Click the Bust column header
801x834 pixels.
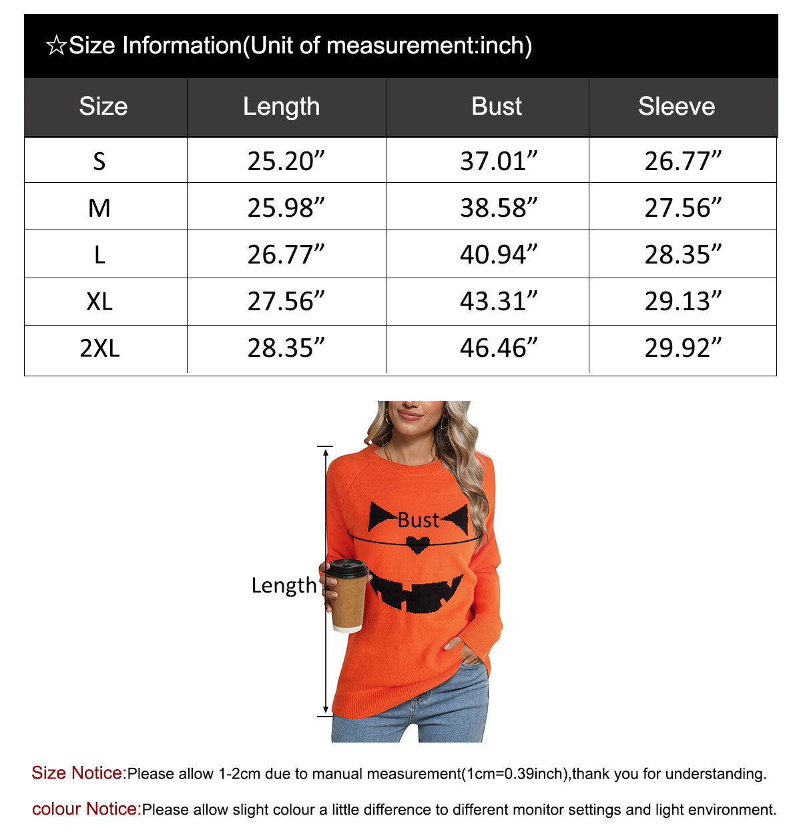[497, 107]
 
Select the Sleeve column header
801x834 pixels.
[676, 107]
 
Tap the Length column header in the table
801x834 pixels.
[281, 107]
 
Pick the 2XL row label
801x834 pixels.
[99, 348]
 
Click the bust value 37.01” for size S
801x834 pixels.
[498, 161]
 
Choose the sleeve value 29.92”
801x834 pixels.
[682, 348]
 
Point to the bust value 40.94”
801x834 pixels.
[498, 254]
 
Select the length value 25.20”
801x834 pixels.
[285, 161]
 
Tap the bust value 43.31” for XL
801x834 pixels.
[498, 302]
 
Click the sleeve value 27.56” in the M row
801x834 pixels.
[682, 208]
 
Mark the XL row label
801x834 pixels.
[99, 302]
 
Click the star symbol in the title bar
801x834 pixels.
[56, 46]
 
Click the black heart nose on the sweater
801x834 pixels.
[418, 544]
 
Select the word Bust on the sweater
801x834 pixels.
[419, 520]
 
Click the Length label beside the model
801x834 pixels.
[284, 585]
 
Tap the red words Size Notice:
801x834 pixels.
[79, 773]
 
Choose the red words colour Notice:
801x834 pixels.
[87, 809]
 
